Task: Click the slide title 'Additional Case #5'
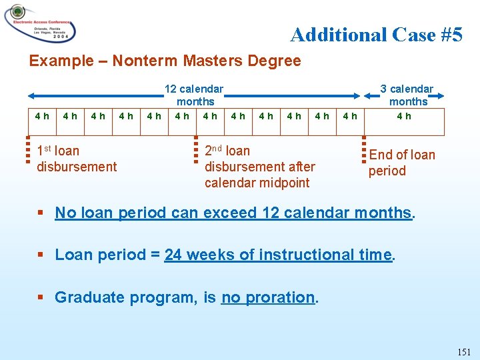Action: (376, 34)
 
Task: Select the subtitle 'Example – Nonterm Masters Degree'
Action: (165, 61)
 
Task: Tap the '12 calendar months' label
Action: (195, 95)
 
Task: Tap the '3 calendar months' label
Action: (407, 95)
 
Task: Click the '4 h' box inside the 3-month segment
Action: (404, 116)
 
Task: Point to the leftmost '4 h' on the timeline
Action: (42, 116)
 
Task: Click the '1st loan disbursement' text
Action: (77, 159)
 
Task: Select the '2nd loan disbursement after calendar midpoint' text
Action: (259, 167)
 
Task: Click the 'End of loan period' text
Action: (401, 163)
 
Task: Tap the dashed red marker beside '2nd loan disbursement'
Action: (196, 149)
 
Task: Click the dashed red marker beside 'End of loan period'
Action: (364, 149)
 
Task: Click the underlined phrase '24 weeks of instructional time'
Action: (278, 255)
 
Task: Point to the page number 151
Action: (464, 351)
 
